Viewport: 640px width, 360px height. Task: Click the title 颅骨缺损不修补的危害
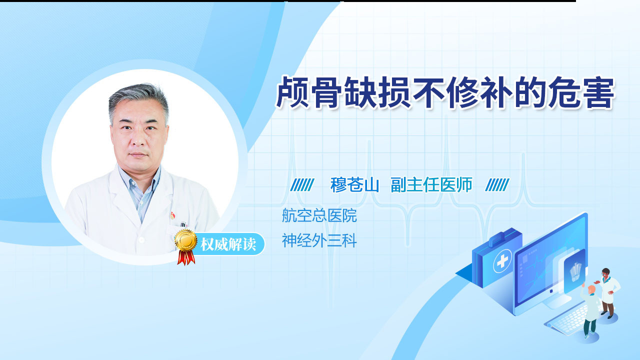[x=445, y=92]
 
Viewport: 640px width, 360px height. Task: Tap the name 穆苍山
[x=354, y=185]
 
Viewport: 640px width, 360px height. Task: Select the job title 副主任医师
[x=431, y=185]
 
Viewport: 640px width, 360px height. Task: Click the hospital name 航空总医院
[x=319, y=215]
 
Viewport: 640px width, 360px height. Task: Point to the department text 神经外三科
[x=319, y=240]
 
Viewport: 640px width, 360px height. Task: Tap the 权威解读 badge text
[x=228, y=244]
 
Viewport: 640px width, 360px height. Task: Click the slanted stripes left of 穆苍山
[x=302, y=185]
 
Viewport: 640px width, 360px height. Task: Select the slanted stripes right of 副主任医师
[x=497, y=185]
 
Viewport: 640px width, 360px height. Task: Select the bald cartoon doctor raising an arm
[x=589, y=311]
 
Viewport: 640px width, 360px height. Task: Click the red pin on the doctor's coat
[x=172, y=215]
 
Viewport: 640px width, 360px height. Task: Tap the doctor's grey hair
[x=139, y=98]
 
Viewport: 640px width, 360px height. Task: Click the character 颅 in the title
[x=292, y=92]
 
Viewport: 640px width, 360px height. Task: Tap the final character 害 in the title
[x=598, y=92]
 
